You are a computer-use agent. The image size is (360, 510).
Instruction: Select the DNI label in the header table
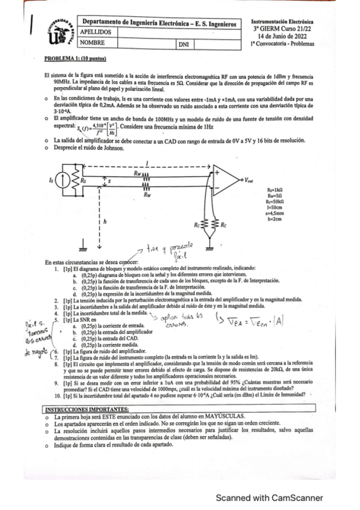click(x=183, y=45)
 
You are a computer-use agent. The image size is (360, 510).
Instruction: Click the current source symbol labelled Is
click(x=64, y=180)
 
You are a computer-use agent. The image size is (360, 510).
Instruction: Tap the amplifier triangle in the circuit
click(x=224, y=180)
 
